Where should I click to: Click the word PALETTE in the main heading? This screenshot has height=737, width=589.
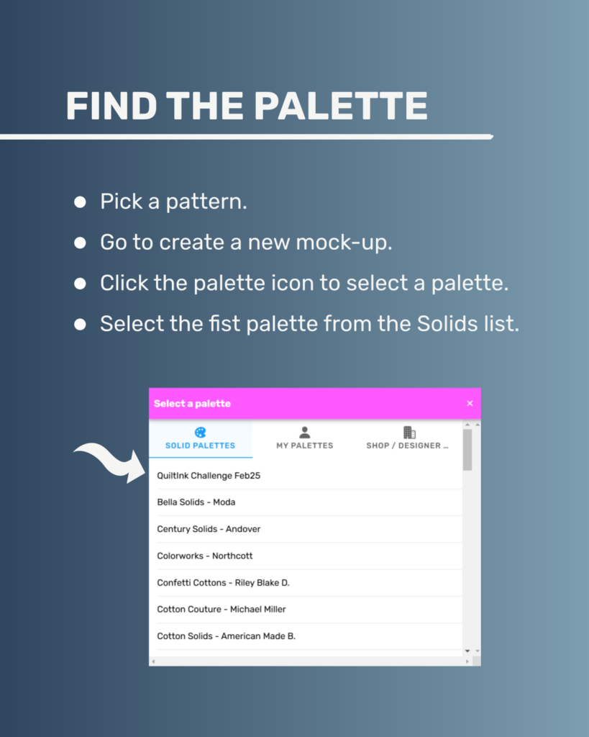(x=341, y=106)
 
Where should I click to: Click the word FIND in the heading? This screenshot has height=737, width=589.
(x=111, y=106)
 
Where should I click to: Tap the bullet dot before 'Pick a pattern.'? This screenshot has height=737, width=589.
(x=81, y=202)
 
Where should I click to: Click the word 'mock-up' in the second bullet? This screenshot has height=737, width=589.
(x=343, y=243)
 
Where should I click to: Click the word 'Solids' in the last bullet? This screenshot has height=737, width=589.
(x=441, y=324)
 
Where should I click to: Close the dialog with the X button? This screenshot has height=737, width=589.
(x=470, y=403)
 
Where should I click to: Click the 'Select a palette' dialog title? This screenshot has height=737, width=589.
(x=192, y=403)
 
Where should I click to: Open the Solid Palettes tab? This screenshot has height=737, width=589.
(x=200, y=438)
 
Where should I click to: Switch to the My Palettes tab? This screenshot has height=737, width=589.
(x=304, y=438)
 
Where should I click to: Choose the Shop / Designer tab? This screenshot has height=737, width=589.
(x=407, y=438)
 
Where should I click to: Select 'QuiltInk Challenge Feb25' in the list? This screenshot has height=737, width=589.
(x=209, y=476)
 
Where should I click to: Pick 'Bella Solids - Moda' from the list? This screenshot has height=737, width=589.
(x=196, y=502)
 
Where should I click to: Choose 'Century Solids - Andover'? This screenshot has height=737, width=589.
(x=209, y=529)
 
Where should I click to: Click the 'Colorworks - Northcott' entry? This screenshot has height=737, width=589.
(x=205, y=556)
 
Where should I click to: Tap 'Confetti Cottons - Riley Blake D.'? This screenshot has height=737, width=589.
(x=223, y=583)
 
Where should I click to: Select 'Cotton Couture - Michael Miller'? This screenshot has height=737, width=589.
(x=222, y=610)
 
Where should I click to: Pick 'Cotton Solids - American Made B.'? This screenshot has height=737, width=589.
(x=226, y=636)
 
